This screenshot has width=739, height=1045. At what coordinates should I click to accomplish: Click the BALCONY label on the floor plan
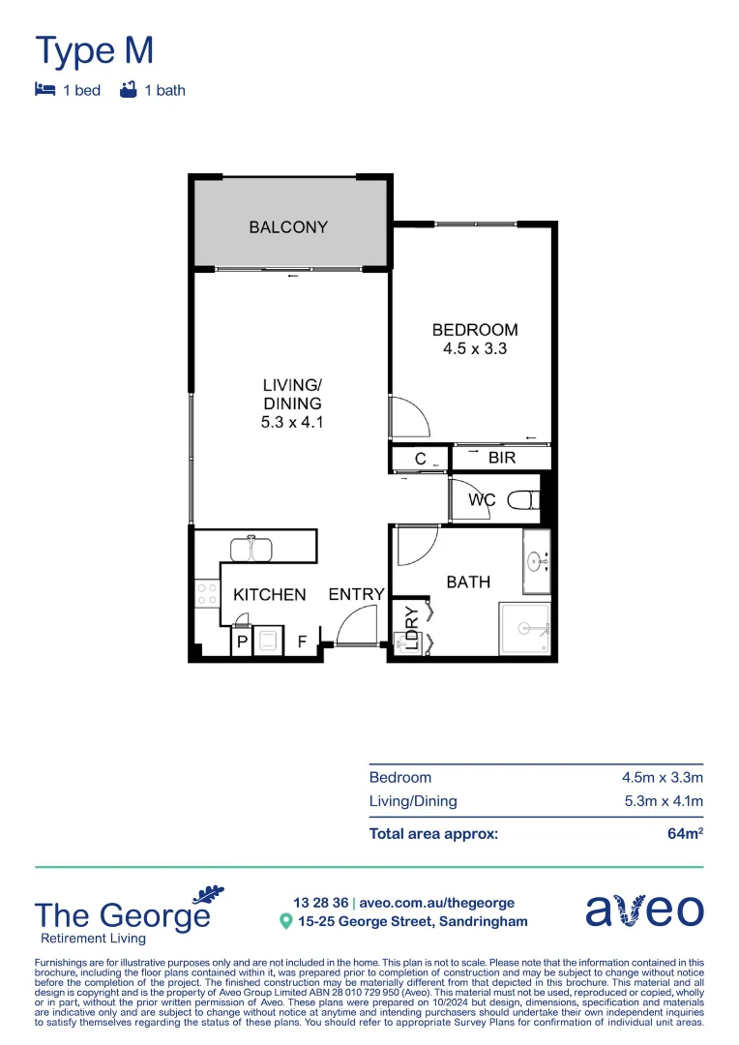[288, 227]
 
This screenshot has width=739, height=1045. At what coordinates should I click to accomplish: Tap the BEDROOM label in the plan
[474, 330]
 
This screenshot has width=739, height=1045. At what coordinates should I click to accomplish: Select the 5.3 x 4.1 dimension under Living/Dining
[292, 422]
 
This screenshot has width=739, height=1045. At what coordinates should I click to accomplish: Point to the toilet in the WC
[522, 501]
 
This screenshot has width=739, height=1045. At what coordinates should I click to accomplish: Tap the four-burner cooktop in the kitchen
[206, 593]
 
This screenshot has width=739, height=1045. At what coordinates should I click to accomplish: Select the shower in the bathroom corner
[525, 629]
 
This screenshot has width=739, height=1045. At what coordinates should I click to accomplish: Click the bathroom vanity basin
[536, 559]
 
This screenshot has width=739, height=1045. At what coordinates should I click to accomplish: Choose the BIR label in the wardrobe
[502, 458]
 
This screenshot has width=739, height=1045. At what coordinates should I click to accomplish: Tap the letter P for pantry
[240, 641]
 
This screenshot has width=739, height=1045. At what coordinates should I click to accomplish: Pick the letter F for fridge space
[302, 641]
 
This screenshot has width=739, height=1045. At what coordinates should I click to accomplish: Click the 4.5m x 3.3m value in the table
[662, 777]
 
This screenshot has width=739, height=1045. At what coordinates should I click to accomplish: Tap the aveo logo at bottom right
[644, 911]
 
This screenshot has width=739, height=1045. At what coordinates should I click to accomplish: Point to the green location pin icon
[285, 921]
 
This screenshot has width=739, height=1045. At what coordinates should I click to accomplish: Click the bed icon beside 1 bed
[44, 90]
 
